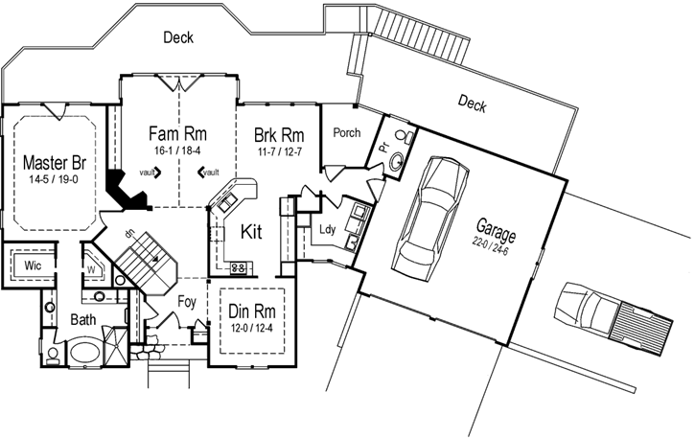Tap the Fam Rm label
click(x=179, y=132)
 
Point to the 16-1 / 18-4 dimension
click(x=179, y=150)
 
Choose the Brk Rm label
click(x=279, y=134)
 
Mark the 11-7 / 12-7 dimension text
click(x=279, y=150)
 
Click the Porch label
click(x=346, y=133)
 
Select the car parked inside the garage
click(x=427, y=215)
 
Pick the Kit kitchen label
click(x=251, y=231)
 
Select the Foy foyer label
click(x=188, y=302)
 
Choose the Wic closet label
click(x=32, y=264)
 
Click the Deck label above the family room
click(x=178, y=37)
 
